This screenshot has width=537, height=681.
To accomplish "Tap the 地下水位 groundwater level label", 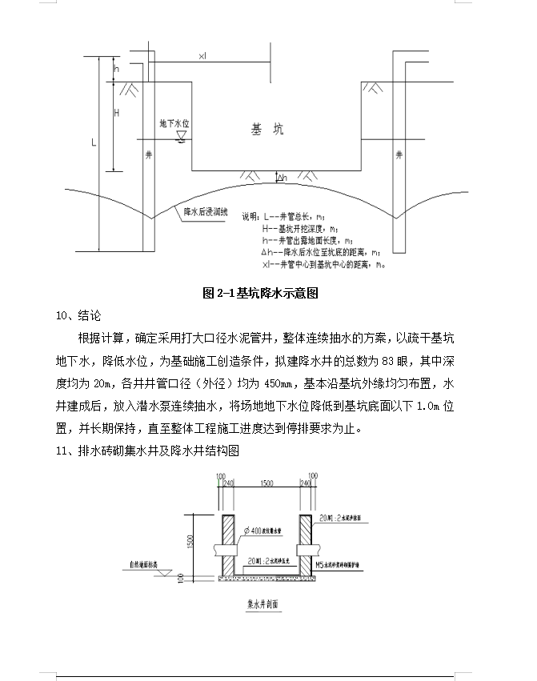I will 174,124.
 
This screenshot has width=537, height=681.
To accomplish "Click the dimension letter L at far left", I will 94,143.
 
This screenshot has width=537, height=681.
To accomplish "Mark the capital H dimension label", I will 117,114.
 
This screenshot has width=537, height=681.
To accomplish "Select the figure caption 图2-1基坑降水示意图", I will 261,293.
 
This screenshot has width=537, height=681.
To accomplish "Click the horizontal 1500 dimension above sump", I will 267,484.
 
